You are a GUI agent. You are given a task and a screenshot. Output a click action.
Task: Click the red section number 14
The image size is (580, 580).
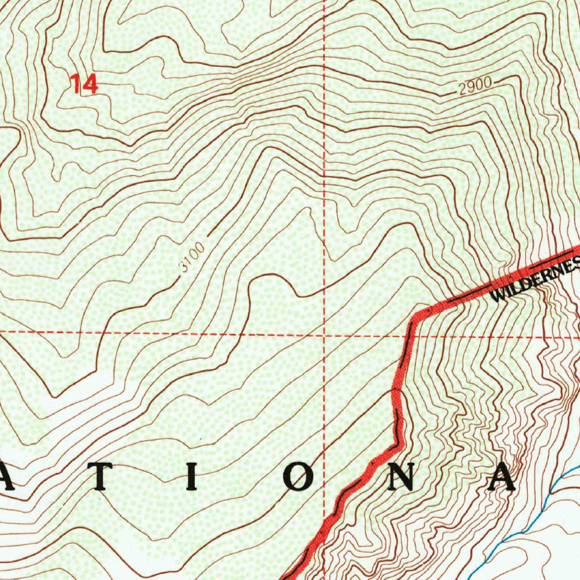(x=84, y=84)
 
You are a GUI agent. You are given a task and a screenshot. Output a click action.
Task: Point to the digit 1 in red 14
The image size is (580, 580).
(x=76, y=84)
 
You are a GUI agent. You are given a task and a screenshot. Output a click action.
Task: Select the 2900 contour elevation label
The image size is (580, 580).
(x=475, y=87)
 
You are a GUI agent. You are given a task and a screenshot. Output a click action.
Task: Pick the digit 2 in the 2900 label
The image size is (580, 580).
(x=464, y=89)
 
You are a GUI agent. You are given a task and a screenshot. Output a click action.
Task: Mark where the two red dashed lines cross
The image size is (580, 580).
(x=324, y=334)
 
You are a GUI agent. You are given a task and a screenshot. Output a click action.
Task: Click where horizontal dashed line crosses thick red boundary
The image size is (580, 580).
(x=410, y=334)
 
